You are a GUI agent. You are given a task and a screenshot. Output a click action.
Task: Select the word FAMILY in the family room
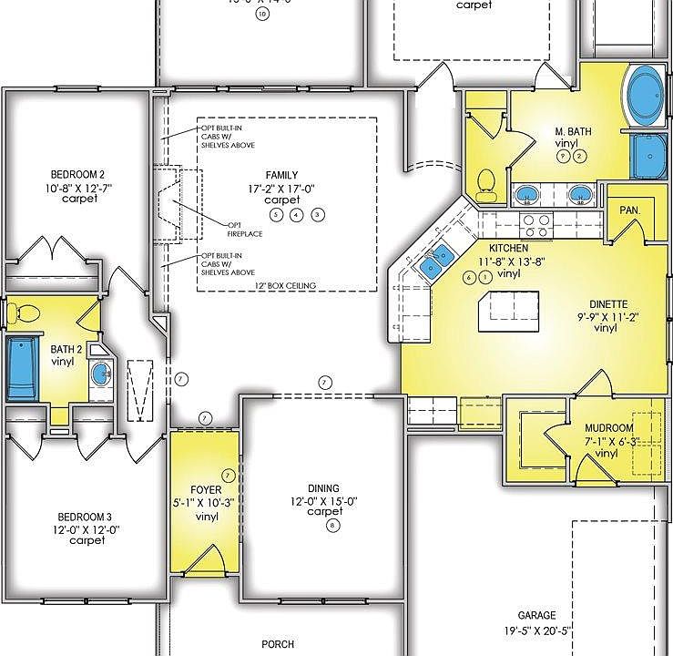click(281, 174)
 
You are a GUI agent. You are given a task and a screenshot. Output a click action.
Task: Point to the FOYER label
click(207, 490)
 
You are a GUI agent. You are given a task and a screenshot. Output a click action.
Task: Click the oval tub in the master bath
click(647, 97)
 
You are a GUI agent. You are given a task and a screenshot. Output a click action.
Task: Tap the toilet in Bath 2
click(23, 313)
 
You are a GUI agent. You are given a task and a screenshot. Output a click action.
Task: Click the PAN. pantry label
click(629, 209)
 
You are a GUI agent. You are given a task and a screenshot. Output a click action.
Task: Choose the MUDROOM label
click(610, 427)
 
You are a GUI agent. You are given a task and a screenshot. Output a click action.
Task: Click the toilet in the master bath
click(485, 182)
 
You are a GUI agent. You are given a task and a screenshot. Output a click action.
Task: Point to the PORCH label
click(278, 642)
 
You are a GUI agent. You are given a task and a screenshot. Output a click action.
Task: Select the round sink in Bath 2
click(100, 373)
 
